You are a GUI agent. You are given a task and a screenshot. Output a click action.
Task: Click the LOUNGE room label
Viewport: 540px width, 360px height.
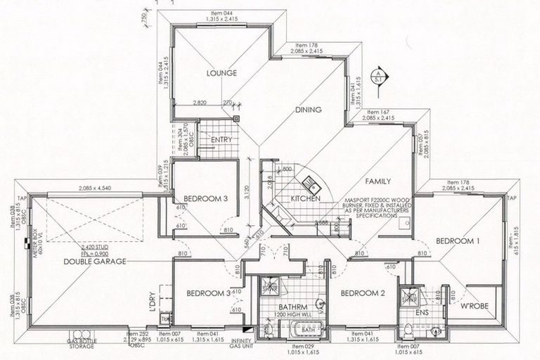221,72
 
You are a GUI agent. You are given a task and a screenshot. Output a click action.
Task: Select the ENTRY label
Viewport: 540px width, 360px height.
222,140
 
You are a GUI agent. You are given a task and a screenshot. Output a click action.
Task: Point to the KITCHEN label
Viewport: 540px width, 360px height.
305,199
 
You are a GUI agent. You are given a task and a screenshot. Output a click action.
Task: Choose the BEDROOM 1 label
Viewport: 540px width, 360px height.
458,240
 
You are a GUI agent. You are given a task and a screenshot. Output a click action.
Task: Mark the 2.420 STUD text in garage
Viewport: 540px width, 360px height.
96,247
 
